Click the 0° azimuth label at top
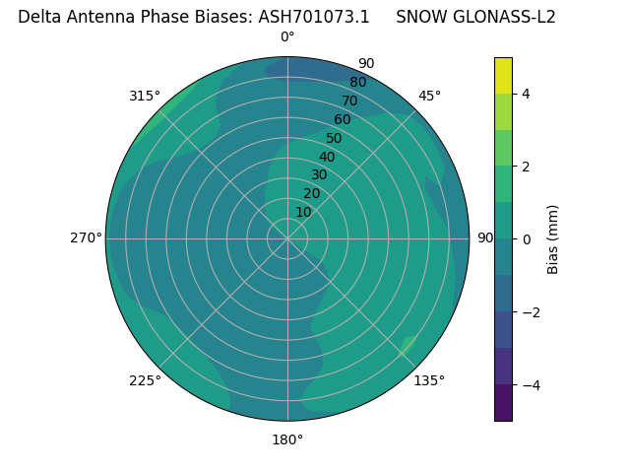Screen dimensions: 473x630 pyautogui.click(x=287, y=37)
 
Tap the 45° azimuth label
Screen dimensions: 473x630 pyautogui.click(x=430, y=96)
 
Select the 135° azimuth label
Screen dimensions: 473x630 pyautogui.click(x=429, y=380)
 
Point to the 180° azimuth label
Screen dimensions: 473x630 pyautogui.click(x=287, y=439)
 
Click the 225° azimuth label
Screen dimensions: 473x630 pyautogui.click(x=145, y=380)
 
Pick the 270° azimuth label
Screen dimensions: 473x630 pyautogui.click(x=86, y=238)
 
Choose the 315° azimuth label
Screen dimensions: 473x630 pyautogui.click(x=145, y=96)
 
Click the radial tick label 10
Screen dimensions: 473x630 pyautogui.click(x=303, y=212)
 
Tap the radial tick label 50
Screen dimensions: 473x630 pyautogui.click(x=334, y=139)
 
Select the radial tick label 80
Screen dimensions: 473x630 pyautogui.click(x=357, y=83)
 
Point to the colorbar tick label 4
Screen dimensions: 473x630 pyautogui.click(x=526, y=94)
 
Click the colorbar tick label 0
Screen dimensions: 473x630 pyautogui.click(x=526, y=239)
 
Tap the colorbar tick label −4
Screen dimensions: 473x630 pyautogui.click(x=529, y=385)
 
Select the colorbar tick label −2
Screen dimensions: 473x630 pyautogui.click(x=529, y=312)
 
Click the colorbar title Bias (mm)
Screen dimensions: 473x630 pyautogui.click(x=553, y=239)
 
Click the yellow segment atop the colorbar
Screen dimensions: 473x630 pyautogui.click(x=503, y=75)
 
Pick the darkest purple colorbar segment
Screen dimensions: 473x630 pyautogui.click(x=503, y=403)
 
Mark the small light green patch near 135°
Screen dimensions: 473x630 pyautogui.click(x=408, y=345)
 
